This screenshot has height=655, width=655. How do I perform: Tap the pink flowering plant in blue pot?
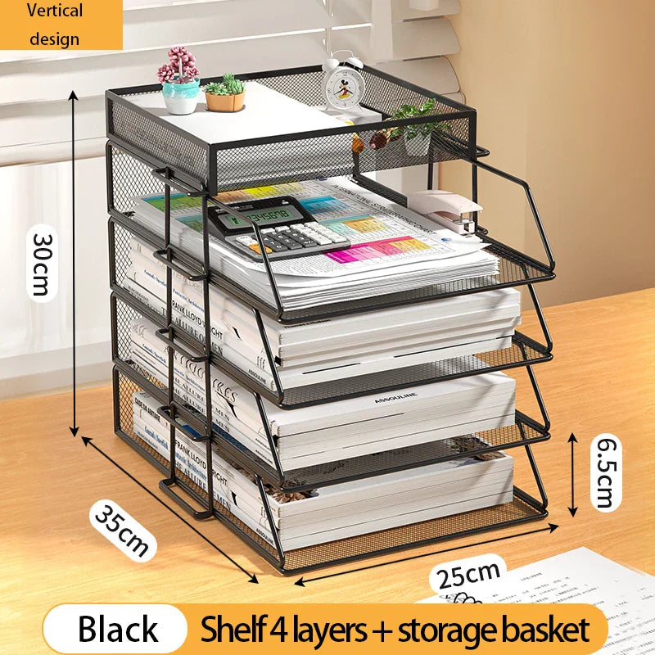point(179,81)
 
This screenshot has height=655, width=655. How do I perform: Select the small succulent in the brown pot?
point(225,93)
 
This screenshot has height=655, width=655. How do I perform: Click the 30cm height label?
point(41,262)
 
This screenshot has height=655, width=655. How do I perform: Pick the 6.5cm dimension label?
point(605,472)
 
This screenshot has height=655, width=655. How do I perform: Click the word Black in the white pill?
point(118,629)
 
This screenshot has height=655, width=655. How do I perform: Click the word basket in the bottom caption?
point(544,629)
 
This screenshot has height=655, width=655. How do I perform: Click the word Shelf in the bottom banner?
point(233,629)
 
